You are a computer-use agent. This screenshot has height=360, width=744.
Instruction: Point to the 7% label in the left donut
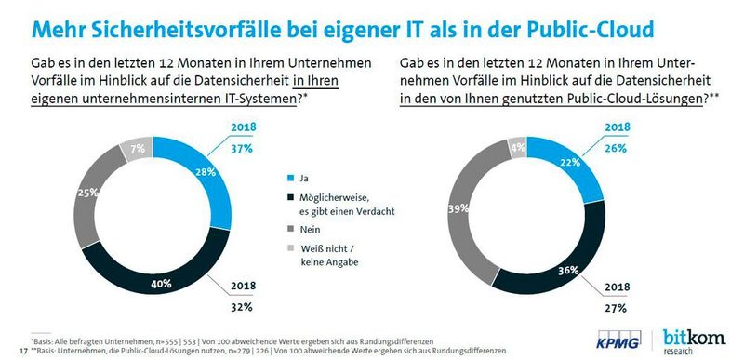pos(137,149)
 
